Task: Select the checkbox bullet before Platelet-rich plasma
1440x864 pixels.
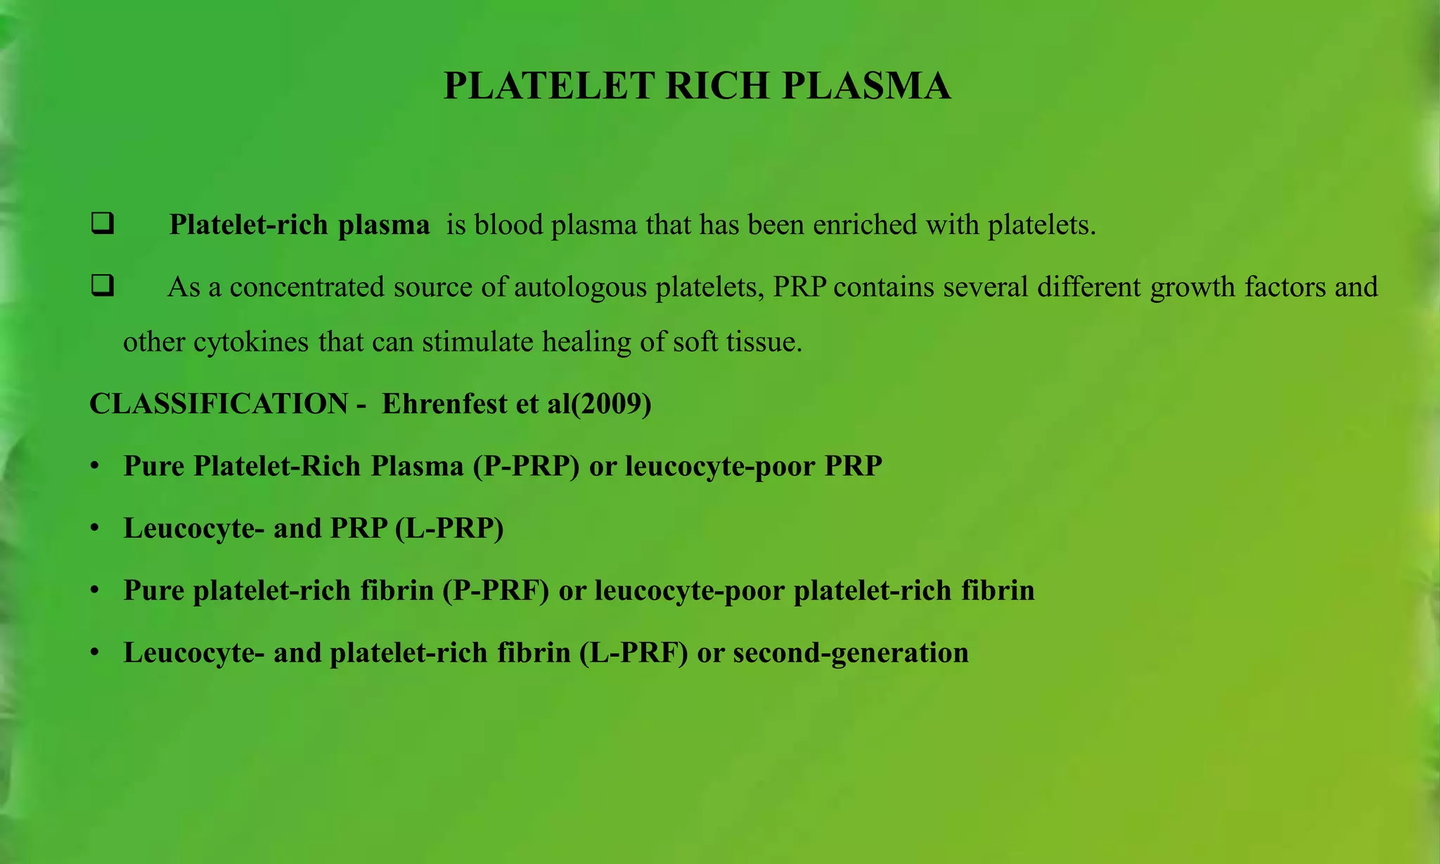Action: [103, 224]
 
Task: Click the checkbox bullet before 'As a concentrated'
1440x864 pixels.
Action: [103, 286]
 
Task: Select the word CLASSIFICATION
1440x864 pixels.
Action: [219, 404]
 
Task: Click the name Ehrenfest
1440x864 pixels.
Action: [444, 404]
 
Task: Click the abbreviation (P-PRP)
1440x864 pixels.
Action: [527, 466]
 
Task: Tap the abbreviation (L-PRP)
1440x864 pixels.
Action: [449, 528]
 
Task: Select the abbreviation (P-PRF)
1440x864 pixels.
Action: [496, 591]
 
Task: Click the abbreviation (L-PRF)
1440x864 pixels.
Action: [634, 652]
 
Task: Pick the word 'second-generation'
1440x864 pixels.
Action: [851, 652]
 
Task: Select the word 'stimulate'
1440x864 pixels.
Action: [478, 342]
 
